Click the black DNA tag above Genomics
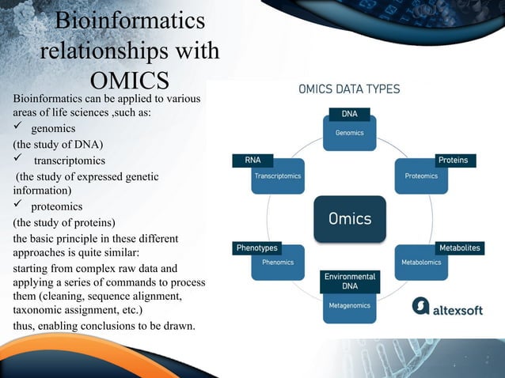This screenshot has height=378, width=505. (x=349, y=114)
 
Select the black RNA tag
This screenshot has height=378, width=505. (x=252, y=160)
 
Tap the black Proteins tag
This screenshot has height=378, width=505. (x=453, y=160)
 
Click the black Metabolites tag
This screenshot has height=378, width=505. (x=459, y=248)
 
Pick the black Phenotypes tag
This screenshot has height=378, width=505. (x=257, y=248)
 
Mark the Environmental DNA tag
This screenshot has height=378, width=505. (x=349, y=281)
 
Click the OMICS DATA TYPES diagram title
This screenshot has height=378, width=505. (x=349, y=89)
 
